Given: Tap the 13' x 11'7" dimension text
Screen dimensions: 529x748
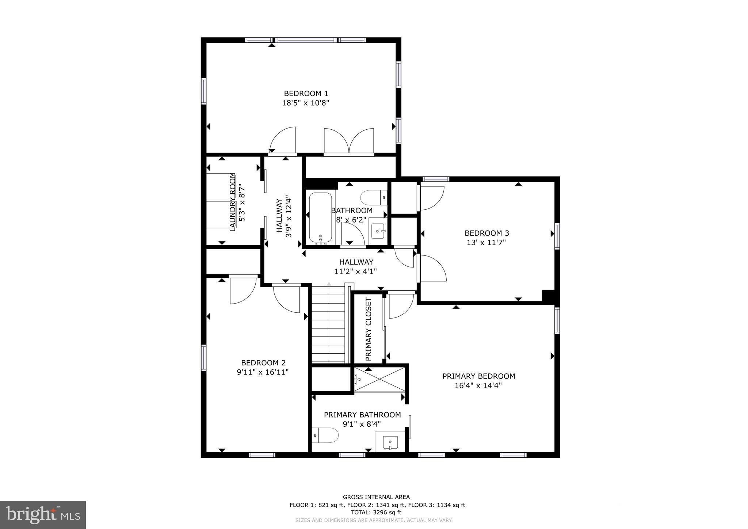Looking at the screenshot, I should pyautogui.click(x=486, y=243).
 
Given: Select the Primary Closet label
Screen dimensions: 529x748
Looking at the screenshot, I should pyautogui.click(x=369, y=329).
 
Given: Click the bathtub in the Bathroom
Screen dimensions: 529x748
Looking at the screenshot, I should pyautogui.click(x=320, y=217).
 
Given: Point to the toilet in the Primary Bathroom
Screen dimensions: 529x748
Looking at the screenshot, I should pyautogui.click(x=325, y=435).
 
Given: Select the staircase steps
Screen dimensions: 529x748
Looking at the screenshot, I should pyautogui.click(x=328, y=325).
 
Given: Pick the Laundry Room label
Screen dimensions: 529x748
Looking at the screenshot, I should pyautogui.click(x=233, y=202).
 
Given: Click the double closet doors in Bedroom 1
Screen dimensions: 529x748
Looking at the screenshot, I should pyautogui.click(x=349, y=141).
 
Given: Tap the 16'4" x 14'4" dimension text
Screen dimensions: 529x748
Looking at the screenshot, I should pyautogui.click(x=478, y=386).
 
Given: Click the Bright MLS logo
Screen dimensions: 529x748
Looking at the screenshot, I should pyautogui.click(x=43, y=515).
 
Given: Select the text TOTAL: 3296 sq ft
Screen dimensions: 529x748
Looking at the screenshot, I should pyautogui.click(x=376, y=513).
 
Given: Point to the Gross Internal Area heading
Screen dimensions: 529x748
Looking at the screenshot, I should pyautogui.click(x=376, y=497).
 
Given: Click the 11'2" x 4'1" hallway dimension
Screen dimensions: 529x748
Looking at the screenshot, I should pyautogui.click(x=356, y=271).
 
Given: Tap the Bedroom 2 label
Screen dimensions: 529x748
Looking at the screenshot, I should pyautogui.click(x=263, y=363).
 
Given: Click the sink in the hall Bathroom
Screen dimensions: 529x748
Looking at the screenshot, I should pyautogui.click(x=378, y=231).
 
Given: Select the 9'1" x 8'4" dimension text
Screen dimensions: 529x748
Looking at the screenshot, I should pyautogui.click(x=362, y=424).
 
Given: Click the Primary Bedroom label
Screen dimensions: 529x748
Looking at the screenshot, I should pyautogui.click(x=478, y=376).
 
